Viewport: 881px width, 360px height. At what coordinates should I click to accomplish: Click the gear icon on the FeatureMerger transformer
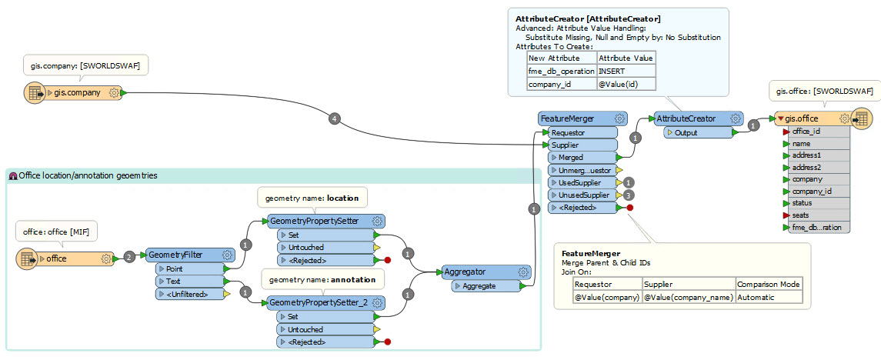point(619,119)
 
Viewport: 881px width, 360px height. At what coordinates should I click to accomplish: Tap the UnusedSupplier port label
point(584,195)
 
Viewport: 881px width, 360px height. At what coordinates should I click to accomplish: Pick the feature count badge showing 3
point(629,195)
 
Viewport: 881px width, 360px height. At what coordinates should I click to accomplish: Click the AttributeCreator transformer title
point(686,118)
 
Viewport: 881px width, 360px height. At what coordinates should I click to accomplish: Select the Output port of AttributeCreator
point(686,133)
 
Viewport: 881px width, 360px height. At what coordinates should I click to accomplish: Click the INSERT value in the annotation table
point(611,72)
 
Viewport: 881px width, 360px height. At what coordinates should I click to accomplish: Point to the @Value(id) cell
point(618,85)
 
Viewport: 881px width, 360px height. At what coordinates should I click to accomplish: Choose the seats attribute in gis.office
point(801,215)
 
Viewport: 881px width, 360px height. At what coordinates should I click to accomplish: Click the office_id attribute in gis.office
point(806,132)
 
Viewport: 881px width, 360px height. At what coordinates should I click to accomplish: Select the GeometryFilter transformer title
point(175,255)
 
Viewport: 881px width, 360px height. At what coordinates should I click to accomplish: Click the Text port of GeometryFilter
point(173,281)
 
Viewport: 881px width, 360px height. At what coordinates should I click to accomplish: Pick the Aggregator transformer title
point(466,272)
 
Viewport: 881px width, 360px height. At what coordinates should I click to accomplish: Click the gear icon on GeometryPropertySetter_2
point(378,303)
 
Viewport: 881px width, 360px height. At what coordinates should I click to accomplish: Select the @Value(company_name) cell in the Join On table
point(689,298)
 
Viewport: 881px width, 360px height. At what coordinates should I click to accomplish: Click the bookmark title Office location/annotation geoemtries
point(88,176)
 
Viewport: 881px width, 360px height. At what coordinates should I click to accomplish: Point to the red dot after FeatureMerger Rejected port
point(630,208)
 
